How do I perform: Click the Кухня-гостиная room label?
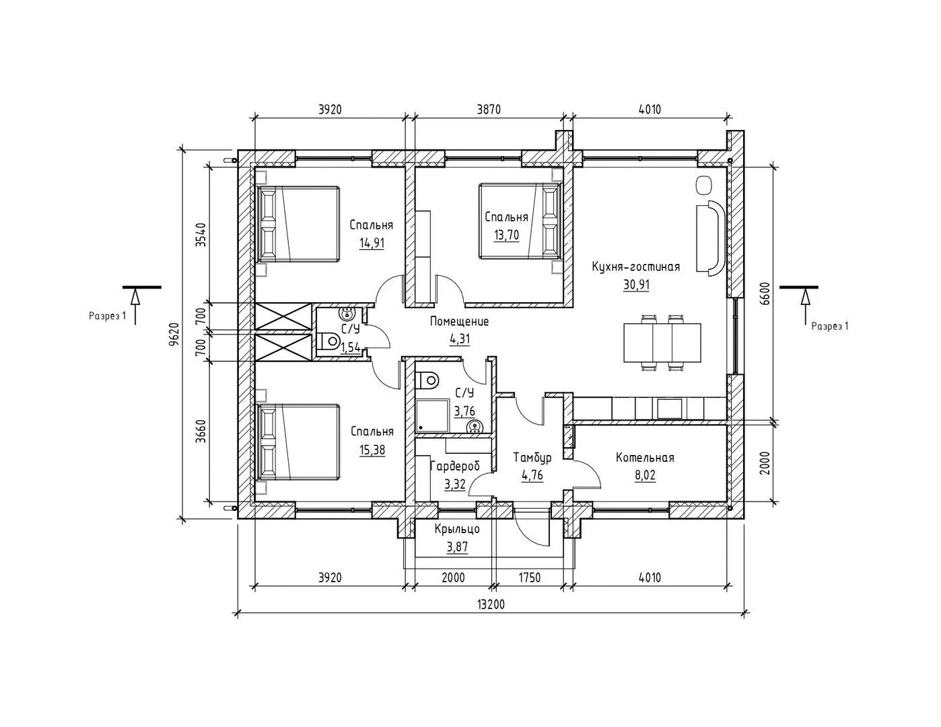tap(635, 267)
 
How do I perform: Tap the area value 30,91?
tap(636, 285)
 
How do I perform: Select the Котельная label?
tap(645, 457)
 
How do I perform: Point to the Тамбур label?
tap(532, 457)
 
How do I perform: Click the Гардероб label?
tap(455, 466)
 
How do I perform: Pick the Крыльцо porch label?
tap(457, 528)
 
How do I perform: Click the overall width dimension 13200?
tap(491, 604)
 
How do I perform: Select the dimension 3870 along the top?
tap(489, 110)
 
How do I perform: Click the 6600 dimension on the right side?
tap(765, 294)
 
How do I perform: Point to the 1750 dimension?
tap(529, 578)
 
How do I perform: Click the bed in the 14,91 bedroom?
tap(298, 224)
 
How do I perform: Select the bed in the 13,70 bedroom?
tap(520, 221)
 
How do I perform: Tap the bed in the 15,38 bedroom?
tap(298, 442)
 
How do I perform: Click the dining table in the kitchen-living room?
tap(662, 342)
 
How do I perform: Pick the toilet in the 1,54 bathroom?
tap(328, 341)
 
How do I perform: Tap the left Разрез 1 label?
tap(108, 316)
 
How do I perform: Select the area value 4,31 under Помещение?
tap(460, 339)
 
